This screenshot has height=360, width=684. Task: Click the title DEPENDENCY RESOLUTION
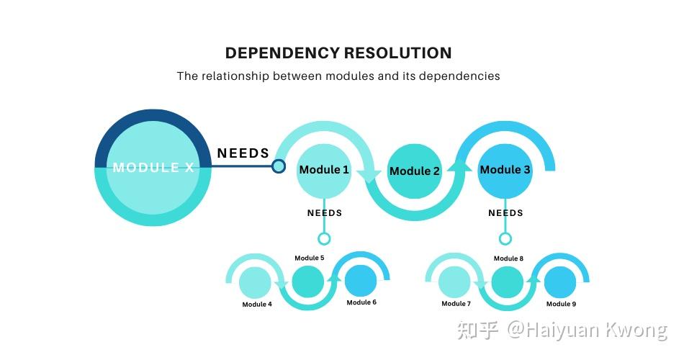click(338, 53)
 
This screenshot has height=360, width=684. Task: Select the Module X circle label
click(153, 168)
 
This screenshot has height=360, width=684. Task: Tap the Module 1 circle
click(324, 170)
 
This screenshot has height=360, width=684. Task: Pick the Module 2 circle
click(414, 171)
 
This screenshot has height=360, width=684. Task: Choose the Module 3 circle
click(505, 170)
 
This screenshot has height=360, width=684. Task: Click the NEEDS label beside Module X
click(243, 153)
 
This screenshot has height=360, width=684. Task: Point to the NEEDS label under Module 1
click(325, 213)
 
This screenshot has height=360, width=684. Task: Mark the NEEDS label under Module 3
click(505, 213)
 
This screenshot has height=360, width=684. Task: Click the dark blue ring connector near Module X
click(279, 166)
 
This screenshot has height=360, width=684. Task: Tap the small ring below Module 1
click(324, 238)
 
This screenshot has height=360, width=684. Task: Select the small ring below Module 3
click(505, 238)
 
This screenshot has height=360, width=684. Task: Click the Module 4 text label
click(257, 305)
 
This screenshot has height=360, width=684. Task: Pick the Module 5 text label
click(309, 258)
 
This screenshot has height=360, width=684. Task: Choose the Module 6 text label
click(361, 302)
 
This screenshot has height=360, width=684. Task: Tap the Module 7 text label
click(456, 304)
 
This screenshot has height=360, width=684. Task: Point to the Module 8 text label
click(508, 258)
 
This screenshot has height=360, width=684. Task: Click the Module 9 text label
click(561, 304)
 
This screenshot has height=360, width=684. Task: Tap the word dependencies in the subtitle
click(459, 76)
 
